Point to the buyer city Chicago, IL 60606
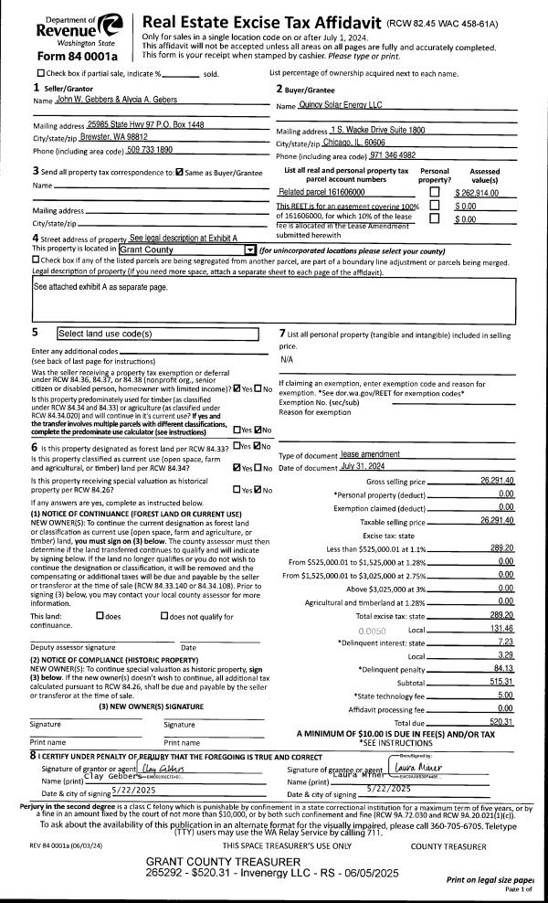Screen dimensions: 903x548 coord(353,143)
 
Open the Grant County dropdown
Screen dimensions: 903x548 coord(249,250)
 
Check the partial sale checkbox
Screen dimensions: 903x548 coord(40,73)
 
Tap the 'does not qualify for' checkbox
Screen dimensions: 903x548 coord(164,616)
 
